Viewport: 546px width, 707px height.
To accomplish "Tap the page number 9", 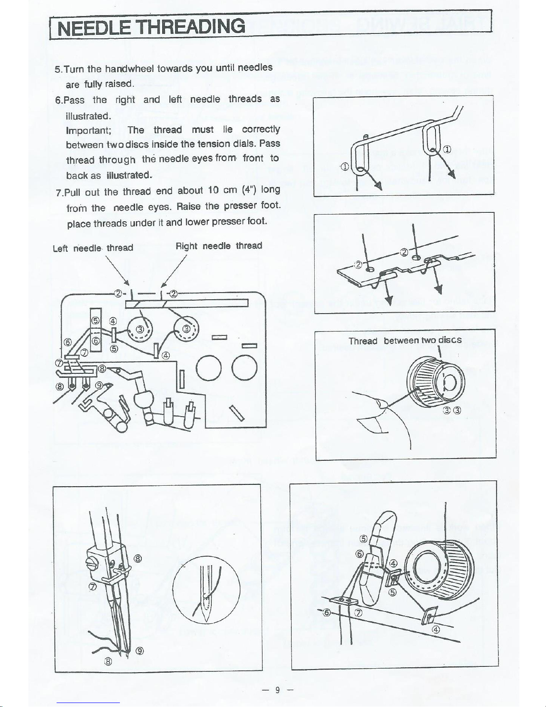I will pos(277,690).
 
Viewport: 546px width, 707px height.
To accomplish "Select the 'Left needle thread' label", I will pos(93,248).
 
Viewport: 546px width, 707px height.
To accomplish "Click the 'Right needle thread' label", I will pos(219,246).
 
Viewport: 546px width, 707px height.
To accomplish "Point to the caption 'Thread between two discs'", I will pos(405,341).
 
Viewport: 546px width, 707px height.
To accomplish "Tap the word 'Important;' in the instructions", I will pos(88,130).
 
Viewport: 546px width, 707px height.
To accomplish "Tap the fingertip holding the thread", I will pos(380,404).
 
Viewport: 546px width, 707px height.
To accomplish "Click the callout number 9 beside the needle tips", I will pos(140,650).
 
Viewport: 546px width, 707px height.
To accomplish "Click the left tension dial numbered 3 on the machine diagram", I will pos(140,330).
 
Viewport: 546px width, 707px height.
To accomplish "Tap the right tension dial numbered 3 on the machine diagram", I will pos(187,329).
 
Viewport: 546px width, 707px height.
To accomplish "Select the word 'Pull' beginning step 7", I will pos(73,193).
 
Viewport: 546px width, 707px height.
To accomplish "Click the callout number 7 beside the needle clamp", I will pos(92,587).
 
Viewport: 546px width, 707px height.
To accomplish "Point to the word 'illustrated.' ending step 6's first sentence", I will pos(88,116).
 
